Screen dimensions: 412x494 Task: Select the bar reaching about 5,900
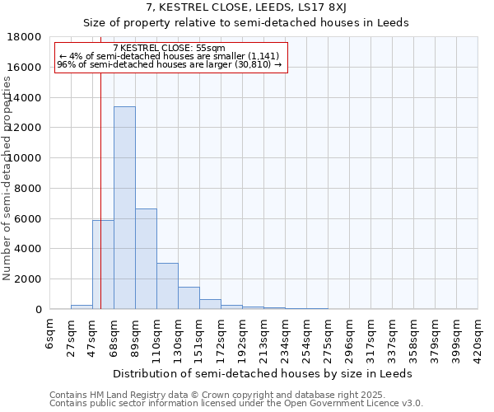tap(103, 265)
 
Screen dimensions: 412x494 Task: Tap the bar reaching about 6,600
tap(146, 259)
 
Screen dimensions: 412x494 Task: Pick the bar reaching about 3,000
tap(167, 286)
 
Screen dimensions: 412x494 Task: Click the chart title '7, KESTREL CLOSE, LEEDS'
tap(246, 7)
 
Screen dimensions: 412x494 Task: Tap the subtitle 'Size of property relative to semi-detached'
tap(246, 22)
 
